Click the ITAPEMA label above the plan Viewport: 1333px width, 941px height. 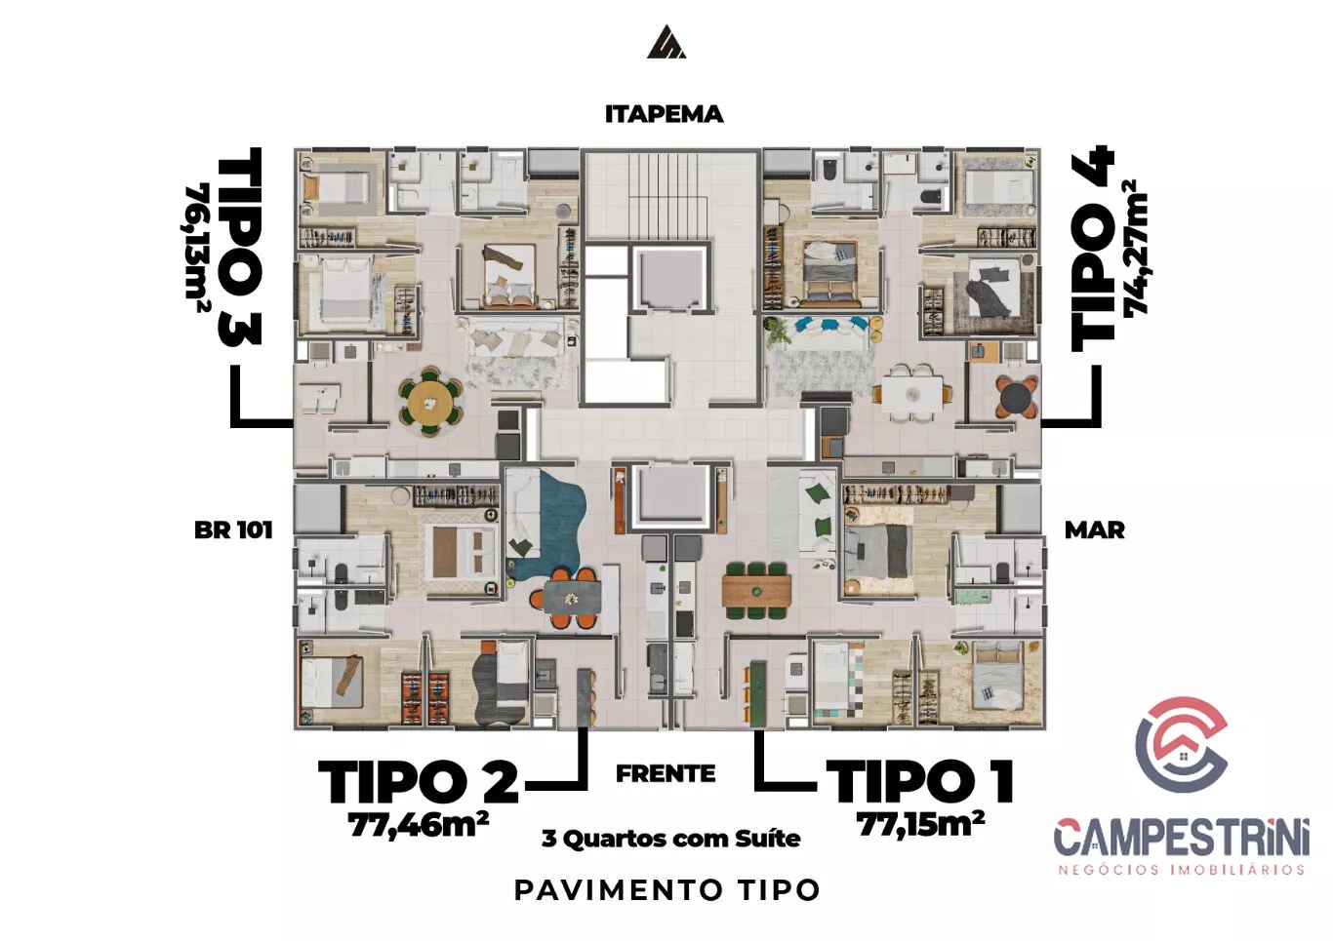(x=665, y=114)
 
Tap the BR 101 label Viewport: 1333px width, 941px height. (x=233, y=529)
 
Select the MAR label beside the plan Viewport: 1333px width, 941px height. (x=1094, y=529)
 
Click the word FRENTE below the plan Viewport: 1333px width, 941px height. (x=666, y=774)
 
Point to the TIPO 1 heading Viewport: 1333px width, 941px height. (x=919, y=782)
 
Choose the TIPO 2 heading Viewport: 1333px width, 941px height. (x=419, y=782)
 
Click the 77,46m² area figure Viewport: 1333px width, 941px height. (x=419, y=824)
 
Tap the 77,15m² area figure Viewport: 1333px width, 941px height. (x=920, y=824)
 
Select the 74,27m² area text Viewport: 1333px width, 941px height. (x=1135, y=247)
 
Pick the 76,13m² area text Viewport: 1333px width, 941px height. (x=196, y=249)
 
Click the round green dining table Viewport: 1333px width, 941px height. (x=430, y=402)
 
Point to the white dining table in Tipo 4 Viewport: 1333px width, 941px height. (x=912, y=393)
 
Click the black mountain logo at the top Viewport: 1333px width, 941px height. (x=666, y=42)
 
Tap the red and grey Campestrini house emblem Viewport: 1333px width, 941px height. (x=1181, y=744)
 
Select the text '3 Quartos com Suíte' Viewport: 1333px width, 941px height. (x=670, y=839)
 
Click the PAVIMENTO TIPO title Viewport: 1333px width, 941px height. (x=667, y=890)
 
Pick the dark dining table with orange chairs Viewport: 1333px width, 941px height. (x=571, y=597)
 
